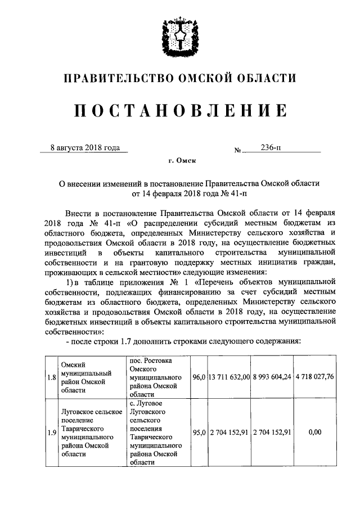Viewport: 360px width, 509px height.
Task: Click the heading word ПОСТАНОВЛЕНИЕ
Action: coord(180,112)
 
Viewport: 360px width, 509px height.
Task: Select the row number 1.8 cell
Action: coord(51,377)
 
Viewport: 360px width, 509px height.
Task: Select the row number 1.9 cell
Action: coord(51,433)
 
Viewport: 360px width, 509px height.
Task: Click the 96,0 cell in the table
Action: coord(198,377)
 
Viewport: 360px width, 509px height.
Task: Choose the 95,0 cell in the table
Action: coord(198,433)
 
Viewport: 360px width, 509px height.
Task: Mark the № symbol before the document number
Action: coord(237,150)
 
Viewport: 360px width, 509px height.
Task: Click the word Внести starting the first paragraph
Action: coord(79,214)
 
